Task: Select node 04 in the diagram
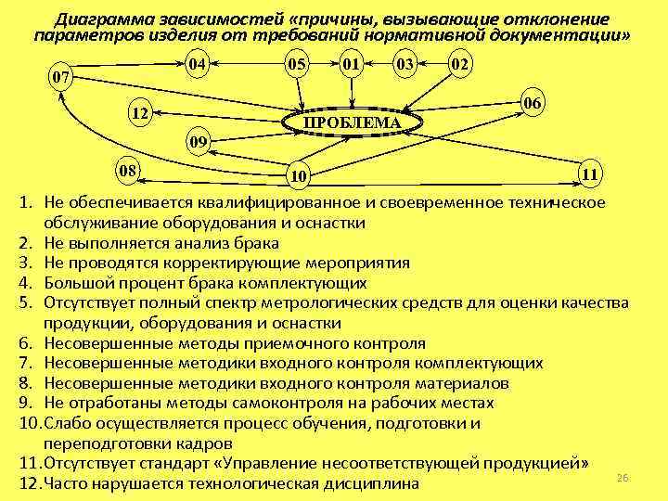195,64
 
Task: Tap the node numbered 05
297,64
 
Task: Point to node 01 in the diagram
350,64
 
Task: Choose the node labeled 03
404,64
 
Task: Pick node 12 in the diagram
141,113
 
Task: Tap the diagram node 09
198,142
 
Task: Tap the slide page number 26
623,477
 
